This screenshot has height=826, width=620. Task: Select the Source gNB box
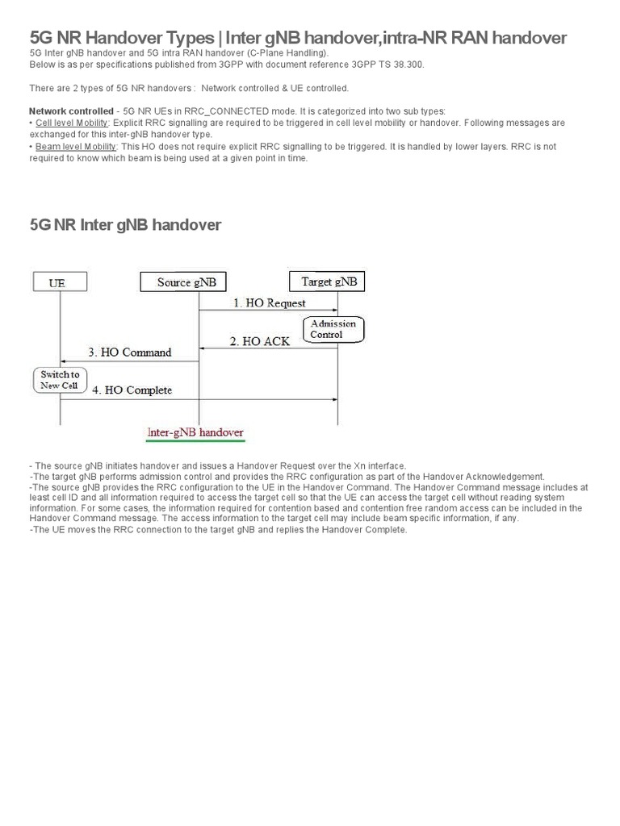(185, 282)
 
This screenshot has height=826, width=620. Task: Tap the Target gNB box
(327, 282)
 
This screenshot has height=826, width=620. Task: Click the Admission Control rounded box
(333, 329)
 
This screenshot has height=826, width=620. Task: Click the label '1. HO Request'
(270, 303)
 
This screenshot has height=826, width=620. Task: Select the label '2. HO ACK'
(260, 341)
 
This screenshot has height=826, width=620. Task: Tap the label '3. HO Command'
(129, 353)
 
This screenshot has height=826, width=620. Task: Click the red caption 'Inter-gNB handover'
(195, 433)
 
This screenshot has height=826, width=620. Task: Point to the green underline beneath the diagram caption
(195, 442)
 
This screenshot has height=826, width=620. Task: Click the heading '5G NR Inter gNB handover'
(125, 225)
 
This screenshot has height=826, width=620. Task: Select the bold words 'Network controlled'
(71, 111)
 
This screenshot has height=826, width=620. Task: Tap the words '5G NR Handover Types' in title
(123, 38)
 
